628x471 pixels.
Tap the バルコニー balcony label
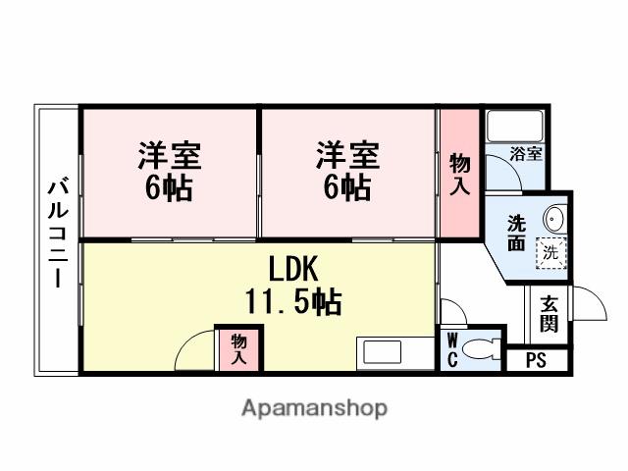point(57,234)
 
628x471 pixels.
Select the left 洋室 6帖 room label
point(169,171)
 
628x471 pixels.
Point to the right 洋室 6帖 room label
point(346,171)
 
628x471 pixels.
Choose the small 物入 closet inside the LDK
point(238,349)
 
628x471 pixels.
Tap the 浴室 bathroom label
point(525,153)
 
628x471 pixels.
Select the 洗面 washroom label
point(515,233)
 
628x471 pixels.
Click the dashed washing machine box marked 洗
point(549,251)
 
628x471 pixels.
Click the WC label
point(451,349)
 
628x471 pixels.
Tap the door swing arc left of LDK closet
point(195,348)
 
